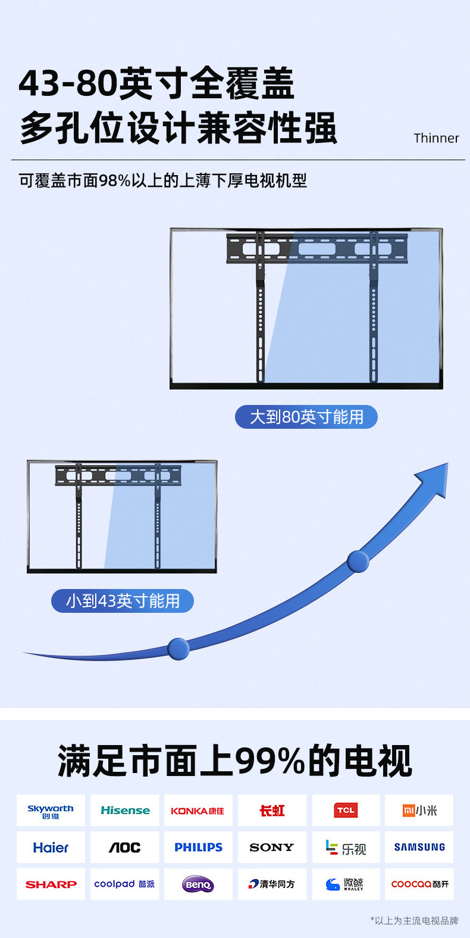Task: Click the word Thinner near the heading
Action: pyautogui.click(x=436, y=138)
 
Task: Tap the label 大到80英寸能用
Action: pyautogui.click(x=306, y=417)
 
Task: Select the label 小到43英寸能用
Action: pyautogui.click(x=123, y=601)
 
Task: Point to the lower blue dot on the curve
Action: pyautogui.click(x=178, y=649)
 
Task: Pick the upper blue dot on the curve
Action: pyautogui.click(x=358, y=562)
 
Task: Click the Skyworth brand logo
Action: pyautogui.click(x=51, y=811)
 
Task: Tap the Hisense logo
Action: pyautogui.click(x=125, y=811)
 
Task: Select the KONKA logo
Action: pyautogui.click(x=198, y=811)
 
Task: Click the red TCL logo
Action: pyautogui.click(x=346, y=811)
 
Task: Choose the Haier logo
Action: pyautogui.click(x=51, y=847)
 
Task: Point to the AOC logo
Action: pyautogui.click(x=125, y=847)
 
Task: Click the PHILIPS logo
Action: pyautogui.click(x=198, y=847)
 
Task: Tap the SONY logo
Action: pyautogui.click(x=272, y=847)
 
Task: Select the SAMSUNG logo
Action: pyautogui.click(x=419, y=847)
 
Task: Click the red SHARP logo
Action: pyautogui.click(x=51, y=884)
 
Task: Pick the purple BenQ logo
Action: pyautogui.click(x=198, y=884)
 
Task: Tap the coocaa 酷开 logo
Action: pyautogui.click(x=419, y=884)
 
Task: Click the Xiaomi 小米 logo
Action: pyautogui.click(x=419, y=811)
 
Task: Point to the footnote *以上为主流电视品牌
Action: pyautogui.click(x=414, y=921)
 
